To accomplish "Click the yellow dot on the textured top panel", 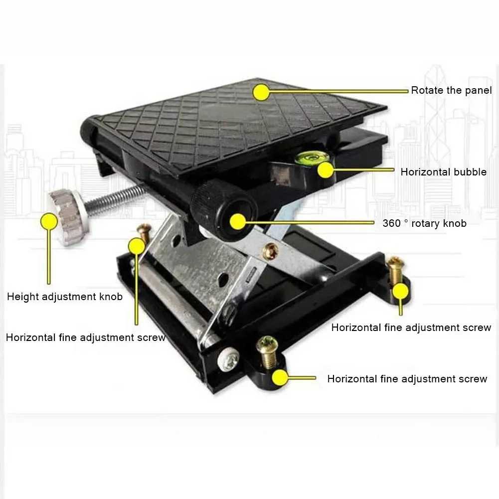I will (x=260, y=92).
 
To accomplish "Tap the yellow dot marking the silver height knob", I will (x=49, y=221).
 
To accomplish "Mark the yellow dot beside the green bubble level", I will (x=326, y=170).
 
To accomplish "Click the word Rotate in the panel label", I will (x=425, y=90).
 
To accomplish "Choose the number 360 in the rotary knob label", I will (x=391, y=223).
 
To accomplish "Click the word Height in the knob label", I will (x=21, y=297).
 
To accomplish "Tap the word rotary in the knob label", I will (x=425, y=223).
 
